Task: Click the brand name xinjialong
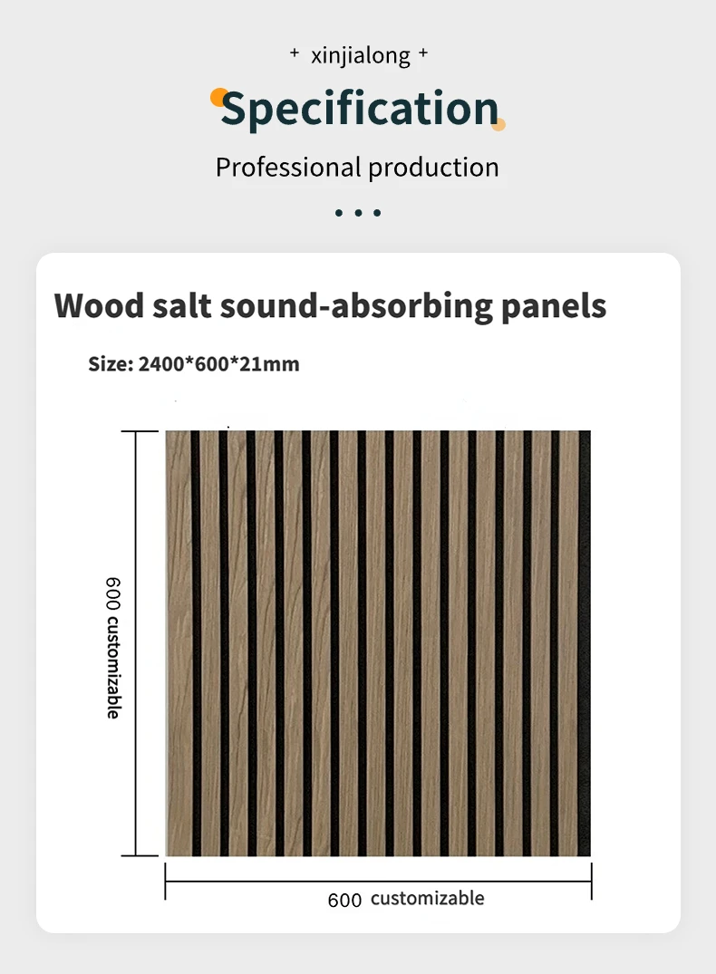click(360, 56)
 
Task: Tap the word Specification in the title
click(360, 109)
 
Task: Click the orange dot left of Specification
click(218, 95)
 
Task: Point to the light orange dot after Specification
click(498, 123)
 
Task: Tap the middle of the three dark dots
click(358, 213)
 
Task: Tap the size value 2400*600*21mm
click(218, 364)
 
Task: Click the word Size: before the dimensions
click(111, 364)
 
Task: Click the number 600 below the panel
click(344, 900)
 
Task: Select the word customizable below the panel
click(427, 899)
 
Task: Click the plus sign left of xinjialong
click(294, 54)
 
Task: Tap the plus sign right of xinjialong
click(423, 54)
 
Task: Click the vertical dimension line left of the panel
click(136, 643)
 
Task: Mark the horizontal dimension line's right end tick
click(592, 882)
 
